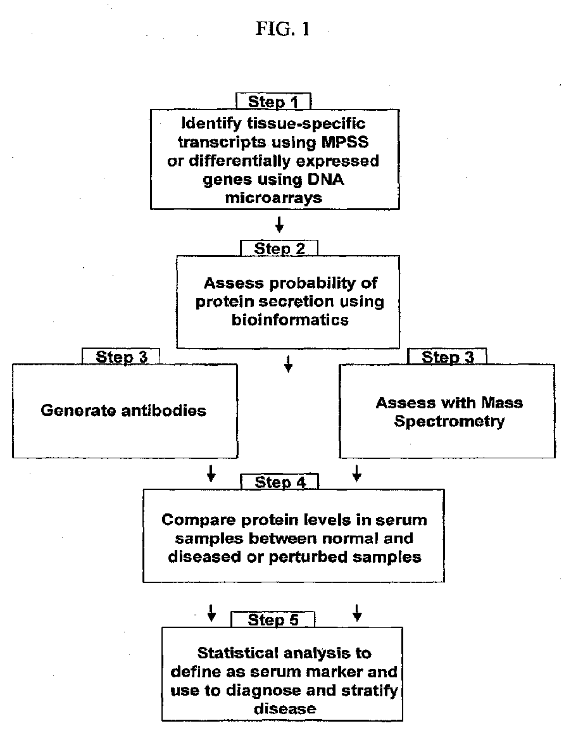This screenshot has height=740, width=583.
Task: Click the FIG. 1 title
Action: pos(283,29)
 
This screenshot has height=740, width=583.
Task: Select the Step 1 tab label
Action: pos(273,101)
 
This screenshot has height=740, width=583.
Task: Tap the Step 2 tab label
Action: pos(279,248)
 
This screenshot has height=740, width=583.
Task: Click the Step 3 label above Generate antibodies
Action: pos(122,357)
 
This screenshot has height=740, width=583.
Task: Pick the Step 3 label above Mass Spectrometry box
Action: pos(448,357)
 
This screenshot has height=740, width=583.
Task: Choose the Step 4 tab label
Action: pos(280,482)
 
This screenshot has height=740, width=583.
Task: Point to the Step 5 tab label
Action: pos(273,620)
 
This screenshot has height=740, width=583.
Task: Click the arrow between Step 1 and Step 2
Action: pos(279,225)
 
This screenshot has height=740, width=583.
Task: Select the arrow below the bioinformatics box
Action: pos(289,364)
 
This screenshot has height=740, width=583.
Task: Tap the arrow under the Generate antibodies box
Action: pos(211,473)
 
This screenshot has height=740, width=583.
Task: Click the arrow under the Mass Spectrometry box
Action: pos(357,473)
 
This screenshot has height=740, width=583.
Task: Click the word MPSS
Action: pos(345,142)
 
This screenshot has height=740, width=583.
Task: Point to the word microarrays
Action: pos(273,198)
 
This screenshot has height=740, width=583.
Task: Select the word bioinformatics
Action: pos(290,320)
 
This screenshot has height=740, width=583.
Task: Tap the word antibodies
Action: pos(164,410)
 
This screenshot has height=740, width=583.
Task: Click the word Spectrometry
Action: pos(449,422)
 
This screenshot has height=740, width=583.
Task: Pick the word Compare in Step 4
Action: pos(199,520)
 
